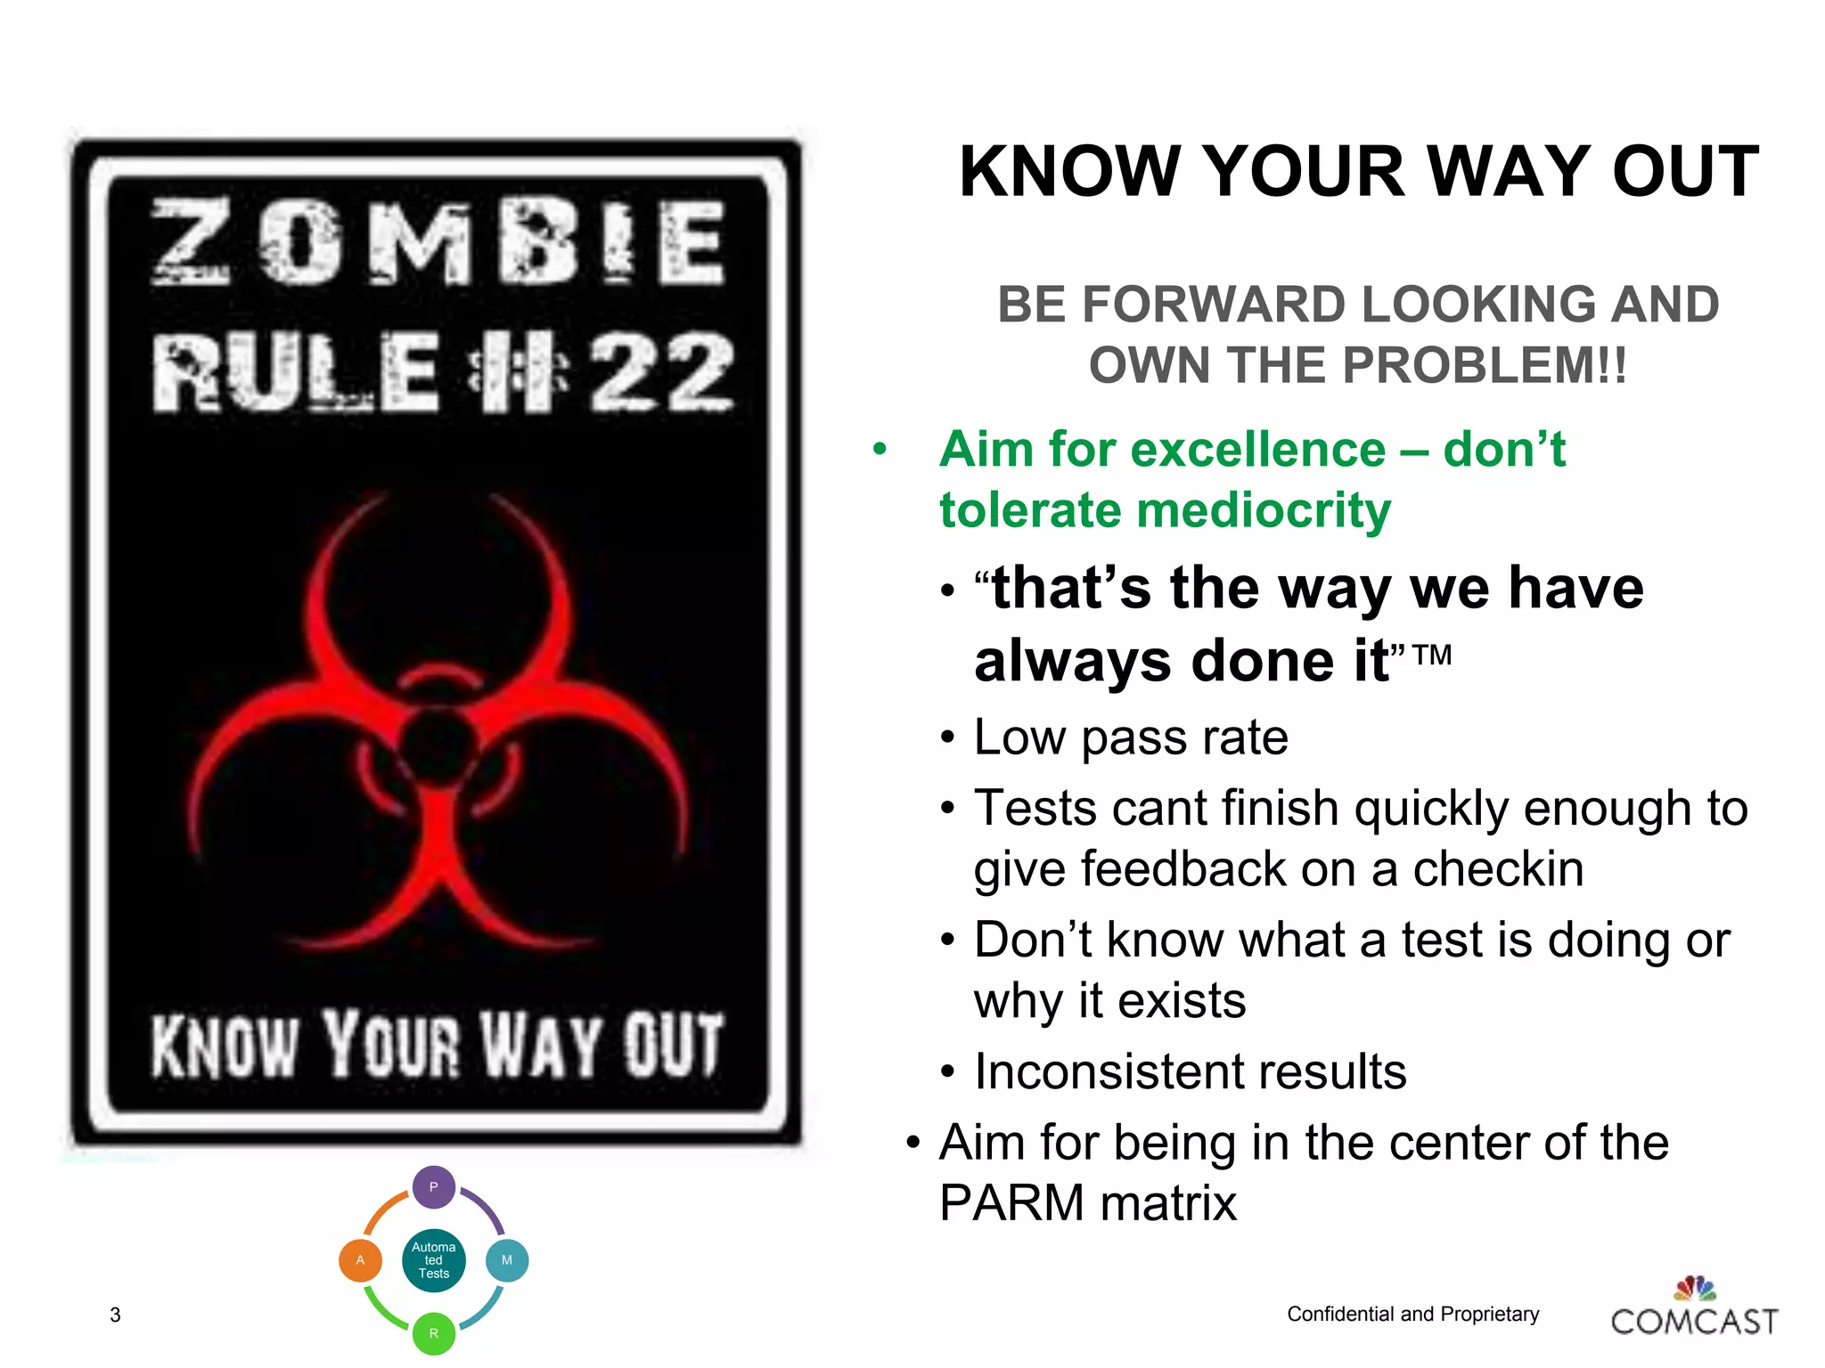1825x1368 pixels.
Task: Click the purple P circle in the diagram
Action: [434, 1186]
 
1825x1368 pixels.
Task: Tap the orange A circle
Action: [360, 1260]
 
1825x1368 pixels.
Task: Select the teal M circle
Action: [507, 1260]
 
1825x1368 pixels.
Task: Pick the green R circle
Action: [434, 1333]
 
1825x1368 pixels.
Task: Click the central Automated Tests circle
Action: [434, 1260]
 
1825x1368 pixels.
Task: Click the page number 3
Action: [115, 1315]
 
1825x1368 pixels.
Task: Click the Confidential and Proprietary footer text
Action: [1412, 1314]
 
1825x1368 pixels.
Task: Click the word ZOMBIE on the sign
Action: [438, 242]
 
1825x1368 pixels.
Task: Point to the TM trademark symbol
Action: [1432, 655]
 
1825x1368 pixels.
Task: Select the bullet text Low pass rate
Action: [1130, 737]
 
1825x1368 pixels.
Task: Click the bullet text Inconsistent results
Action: [1190, 1071]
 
